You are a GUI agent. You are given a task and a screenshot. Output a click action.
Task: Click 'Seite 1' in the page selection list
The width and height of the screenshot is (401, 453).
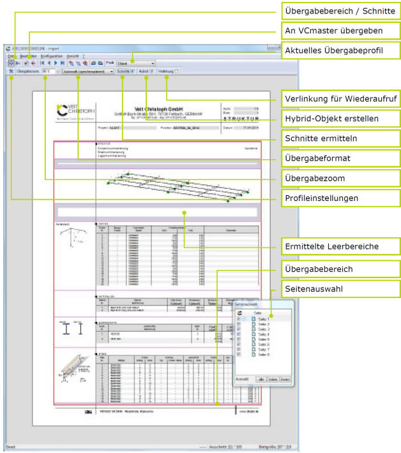coord(264,318)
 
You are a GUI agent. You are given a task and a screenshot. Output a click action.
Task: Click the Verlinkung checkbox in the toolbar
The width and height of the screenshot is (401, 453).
coord(176,71)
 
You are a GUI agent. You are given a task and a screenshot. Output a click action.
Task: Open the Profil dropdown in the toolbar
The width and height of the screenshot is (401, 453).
coord(135,63)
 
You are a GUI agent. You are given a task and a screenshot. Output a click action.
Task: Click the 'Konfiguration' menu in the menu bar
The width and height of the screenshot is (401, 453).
coord(51,56)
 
